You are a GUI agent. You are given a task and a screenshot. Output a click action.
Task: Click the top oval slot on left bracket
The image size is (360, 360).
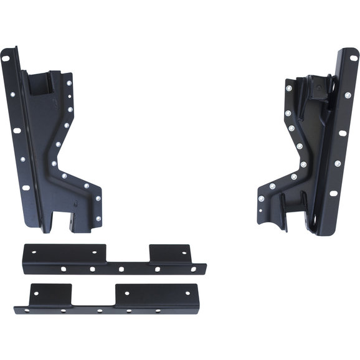(x=6, y=59)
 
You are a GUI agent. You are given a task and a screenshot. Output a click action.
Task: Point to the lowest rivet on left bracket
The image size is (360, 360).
(x=97, y=217)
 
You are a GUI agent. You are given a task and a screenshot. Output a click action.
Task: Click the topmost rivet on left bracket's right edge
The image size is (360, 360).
(x=69, y=82)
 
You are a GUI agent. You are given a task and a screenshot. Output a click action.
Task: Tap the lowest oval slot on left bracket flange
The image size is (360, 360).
(x=26, y=187)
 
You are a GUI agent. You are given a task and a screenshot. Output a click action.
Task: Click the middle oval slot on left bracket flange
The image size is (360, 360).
(x=17, y=131)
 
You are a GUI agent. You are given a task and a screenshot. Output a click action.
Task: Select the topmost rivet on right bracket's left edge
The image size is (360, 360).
(x=288, y=88)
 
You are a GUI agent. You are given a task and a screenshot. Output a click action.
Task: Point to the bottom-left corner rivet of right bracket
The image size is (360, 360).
(x=261, y=199)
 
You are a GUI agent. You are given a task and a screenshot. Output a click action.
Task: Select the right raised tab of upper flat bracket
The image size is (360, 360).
(x=168, y=250)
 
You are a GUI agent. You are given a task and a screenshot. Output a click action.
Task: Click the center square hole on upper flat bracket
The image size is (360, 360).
(x=121, y=269)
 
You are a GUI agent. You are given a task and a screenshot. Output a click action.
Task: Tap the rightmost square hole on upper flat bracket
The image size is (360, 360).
(x=194, y=269)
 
